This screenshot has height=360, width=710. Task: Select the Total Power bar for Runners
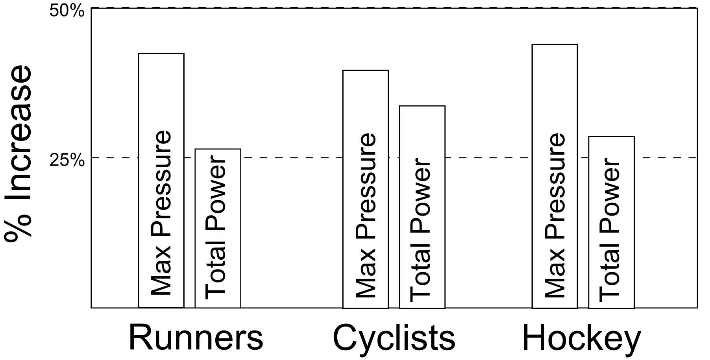point(218,228)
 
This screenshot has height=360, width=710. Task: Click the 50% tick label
point(67,11)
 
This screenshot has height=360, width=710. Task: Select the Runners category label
point(196,338)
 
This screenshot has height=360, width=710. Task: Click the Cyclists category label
point(394,338)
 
